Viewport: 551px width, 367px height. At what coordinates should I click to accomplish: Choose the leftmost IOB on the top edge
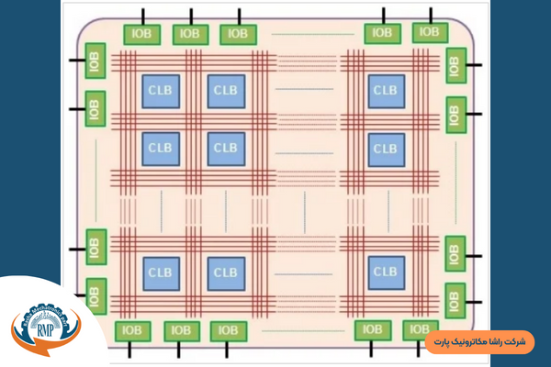point(142,34)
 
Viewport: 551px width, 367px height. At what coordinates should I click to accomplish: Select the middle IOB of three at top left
point(190,34)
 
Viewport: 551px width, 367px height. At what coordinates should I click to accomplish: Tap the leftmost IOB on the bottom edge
point(132,330)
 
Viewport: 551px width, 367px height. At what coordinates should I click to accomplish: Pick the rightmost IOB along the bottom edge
point(419,328)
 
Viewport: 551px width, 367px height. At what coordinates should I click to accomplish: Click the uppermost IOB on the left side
point(96,65)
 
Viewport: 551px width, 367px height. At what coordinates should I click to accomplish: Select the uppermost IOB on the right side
point(455,65)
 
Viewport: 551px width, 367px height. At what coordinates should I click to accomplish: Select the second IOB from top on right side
point(455,113)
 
